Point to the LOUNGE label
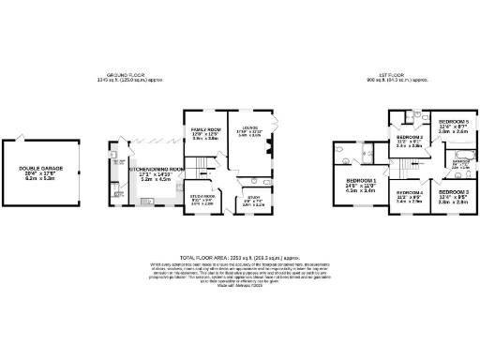coord(248,127)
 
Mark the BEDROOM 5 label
coord(453,122)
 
